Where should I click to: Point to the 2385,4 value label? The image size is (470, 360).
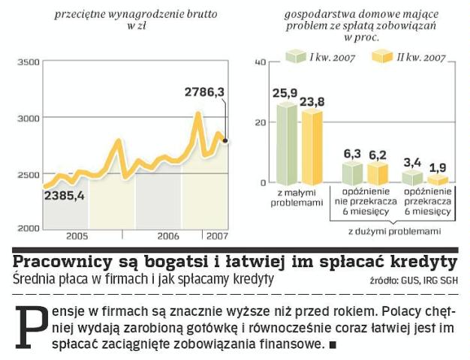(64, 196)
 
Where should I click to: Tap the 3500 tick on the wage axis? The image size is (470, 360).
(28, 62)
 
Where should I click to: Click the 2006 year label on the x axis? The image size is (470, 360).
(168, 235)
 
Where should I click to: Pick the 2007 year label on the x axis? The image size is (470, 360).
(217, 235)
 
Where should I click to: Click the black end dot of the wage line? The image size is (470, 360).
(225, 140)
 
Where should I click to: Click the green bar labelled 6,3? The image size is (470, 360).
(352, 173)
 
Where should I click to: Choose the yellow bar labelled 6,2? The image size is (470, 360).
(376, 174)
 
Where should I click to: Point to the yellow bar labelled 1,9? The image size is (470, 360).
(436, 181)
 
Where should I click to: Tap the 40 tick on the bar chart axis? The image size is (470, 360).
(261, 62)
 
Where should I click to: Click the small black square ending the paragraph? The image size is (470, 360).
(332, 344)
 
